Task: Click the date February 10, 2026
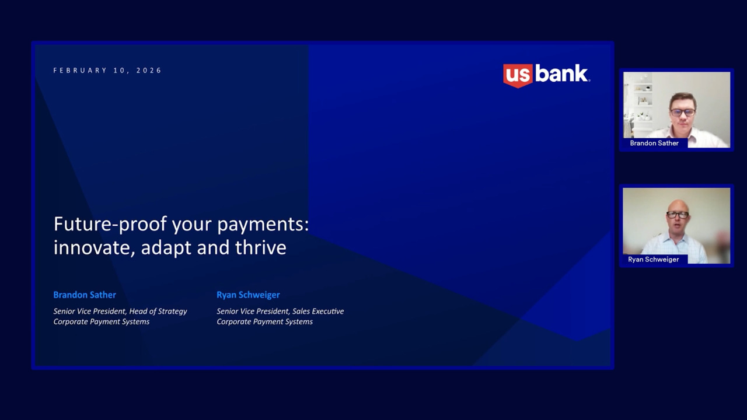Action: click(x=107, y=71)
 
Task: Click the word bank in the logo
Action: click(x=561, y=73)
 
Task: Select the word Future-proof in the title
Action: click(x=110, y=225)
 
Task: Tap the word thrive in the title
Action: click(x=261, y=247)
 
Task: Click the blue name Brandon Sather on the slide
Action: click(x=85, y=295)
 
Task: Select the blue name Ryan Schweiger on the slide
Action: click(x=248, y=295)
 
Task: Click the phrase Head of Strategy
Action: click(x=158, y=311)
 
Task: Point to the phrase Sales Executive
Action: click(x=318, y=311)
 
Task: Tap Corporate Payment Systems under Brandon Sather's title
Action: click(x=102, y=321)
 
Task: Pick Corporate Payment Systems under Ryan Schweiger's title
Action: click(x=265, y=321)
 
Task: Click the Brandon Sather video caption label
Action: click(x=654, y=143)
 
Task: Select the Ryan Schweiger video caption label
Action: click(x=653, y=260)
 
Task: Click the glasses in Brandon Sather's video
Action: click(x=683, y=113)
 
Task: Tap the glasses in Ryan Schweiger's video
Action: click(x=678, y=215)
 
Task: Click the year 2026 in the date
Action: click(x=149, y=71)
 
